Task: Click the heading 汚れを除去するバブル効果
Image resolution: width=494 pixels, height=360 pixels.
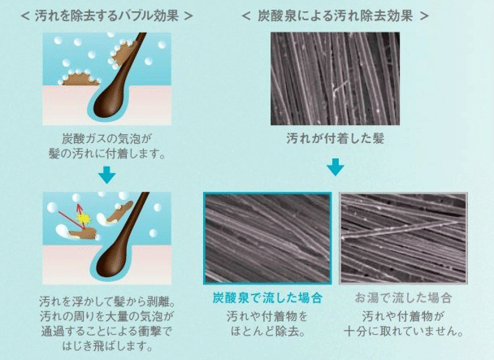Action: coord(106,15)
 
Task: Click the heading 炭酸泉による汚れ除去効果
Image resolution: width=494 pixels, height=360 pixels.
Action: coord(335,15)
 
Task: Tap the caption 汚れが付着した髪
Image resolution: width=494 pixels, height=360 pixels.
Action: coord(336,139)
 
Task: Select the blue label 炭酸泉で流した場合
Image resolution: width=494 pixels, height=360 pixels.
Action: coord(267,298)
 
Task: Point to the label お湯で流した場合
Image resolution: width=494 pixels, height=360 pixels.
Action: coord(403,298)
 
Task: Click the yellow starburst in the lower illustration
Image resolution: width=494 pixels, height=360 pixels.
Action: coord(83,218)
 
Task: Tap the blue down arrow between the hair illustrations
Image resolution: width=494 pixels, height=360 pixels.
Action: coord(106,177)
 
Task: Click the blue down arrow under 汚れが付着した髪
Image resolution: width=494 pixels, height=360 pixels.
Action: coord(336,167)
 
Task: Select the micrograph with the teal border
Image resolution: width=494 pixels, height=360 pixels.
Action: coord(267,238)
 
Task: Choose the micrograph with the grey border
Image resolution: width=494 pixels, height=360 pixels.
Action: coord(403,238)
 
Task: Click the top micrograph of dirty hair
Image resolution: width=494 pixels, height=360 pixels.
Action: coord(336,79)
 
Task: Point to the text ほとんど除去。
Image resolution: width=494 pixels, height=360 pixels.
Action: coord(267,332)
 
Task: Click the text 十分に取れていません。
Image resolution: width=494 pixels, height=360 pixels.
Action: coord(403,332)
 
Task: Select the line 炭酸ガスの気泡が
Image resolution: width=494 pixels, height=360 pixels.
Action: coord(106,139)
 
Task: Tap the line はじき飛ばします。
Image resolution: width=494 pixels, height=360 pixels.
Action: coord(106,346)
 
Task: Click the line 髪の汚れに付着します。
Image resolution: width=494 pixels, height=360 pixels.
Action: coord(106,154)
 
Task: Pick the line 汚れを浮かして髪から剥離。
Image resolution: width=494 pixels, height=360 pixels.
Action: coord(106,301)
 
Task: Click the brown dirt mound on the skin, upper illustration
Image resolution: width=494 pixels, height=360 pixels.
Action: coord(79,79)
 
